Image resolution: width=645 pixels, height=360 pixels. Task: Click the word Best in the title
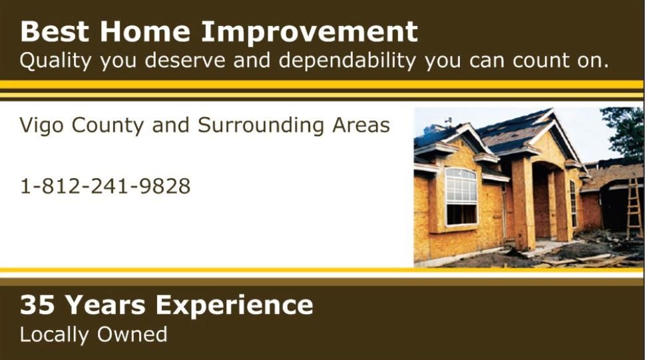pyautogui.click(x=55, y=32)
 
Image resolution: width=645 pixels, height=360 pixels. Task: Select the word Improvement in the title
pyautogui.click(x=310, y=32)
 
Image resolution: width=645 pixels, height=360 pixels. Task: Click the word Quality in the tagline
pyautogui.click(x=55, y=61)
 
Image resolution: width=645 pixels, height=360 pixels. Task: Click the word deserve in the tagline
pyautogui.click(x=185, y=61)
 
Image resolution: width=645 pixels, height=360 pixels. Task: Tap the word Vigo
pyautogui.click(x=41, y=126)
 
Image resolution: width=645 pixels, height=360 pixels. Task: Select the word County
pyautogui.click(x=108, y=126)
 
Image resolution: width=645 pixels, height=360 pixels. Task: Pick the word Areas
pyautogui.click(x=361, y=125)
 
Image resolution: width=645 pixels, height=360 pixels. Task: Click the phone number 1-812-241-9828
pyautogui.click(x=105, y=186)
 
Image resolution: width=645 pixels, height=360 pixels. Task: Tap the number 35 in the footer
pyautogui.click(x=37, y=305)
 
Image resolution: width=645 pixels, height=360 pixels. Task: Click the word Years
pyautogui.click(x=105, y=305)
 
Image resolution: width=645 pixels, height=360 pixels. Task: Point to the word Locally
pyautogui.click(x=54, y=335)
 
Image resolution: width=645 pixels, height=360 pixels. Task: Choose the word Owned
pyautogui.click(x=132, y=334)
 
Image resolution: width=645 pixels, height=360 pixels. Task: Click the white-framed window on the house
pyautogui.click(x=461, y=197)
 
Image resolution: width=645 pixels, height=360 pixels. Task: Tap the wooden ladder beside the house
pyautogui.click(x=634, y=207)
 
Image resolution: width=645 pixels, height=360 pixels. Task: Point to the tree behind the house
pyautogui.click(x=625, y=132)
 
